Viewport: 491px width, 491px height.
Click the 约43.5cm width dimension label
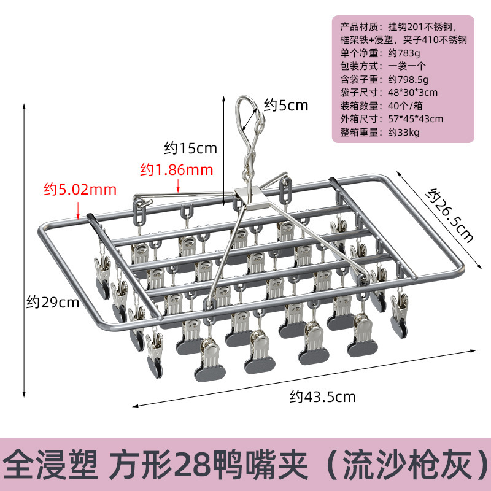click(x=322, y=396)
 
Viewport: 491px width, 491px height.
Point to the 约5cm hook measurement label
click(x=286, y=105)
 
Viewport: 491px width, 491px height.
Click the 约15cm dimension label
click(x=191, y=148)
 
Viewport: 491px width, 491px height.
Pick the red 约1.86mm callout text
click(x=176, y=169)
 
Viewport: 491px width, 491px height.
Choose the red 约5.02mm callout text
click(x=80, y=190)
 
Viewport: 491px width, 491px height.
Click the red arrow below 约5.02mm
click(x=78, y=210)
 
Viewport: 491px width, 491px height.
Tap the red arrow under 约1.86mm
click(x=179, y=186)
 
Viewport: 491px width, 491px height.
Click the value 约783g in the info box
click(x=404, y=53)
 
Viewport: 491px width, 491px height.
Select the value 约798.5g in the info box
click(x=408, y=79)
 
